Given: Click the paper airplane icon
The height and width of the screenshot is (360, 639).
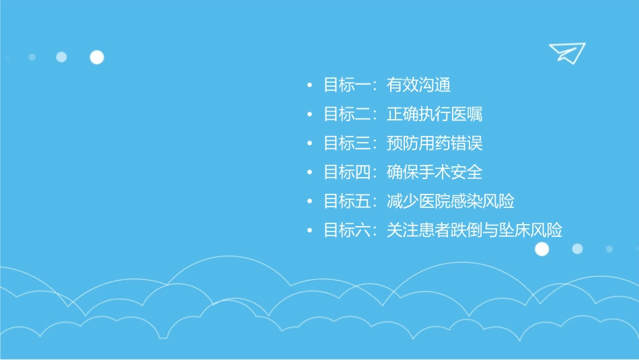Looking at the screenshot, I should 566,52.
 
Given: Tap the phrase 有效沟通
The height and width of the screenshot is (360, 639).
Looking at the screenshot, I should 418,85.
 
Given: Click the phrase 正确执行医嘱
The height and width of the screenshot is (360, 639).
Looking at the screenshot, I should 435,114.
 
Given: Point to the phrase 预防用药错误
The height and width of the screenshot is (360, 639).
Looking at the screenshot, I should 435,143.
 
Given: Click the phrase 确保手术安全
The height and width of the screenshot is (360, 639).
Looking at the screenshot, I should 435,172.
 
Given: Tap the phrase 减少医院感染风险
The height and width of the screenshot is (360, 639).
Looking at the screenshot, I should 451,201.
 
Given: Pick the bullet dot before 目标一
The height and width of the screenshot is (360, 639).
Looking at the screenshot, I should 309,86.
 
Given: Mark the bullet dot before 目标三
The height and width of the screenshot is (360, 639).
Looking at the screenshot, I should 309,144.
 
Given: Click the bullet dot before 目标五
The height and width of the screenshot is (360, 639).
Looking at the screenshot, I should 309,202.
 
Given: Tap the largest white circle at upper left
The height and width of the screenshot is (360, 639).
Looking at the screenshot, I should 97,57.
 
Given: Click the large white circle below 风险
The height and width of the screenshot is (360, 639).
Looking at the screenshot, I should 541,249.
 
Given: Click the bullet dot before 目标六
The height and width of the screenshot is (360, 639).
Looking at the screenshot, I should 309,231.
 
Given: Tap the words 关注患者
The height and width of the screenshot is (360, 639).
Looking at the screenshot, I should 418,231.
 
